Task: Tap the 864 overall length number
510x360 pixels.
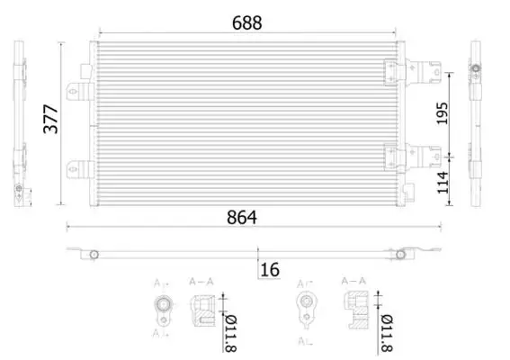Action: (x=242, y=218)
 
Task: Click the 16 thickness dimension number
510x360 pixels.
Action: (x=270, y=268)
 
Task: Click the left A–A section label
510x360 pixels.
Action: (x=201, y=282)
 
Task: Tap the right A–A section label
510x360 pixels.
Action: (x=353, y=281)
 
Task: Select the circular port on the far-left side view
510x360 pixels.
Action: (x=18, y=189)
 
